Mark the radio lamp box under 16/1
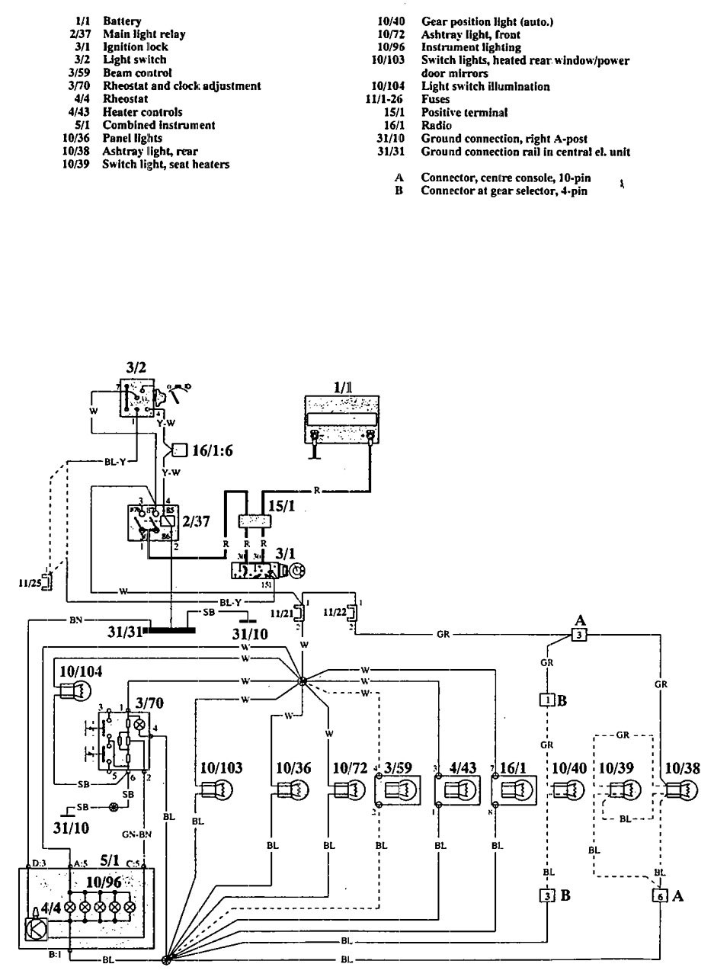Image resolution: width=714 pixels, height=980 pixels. [x=516, y=791]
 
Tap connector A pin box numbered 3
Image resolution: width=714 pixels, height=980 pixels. [x=579, y=634]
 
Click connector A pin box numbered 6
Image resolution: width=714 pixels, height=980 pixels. [x=659, y=896]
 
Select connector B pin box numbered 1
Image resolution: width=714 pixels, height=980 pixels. [x=546, y=699]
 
